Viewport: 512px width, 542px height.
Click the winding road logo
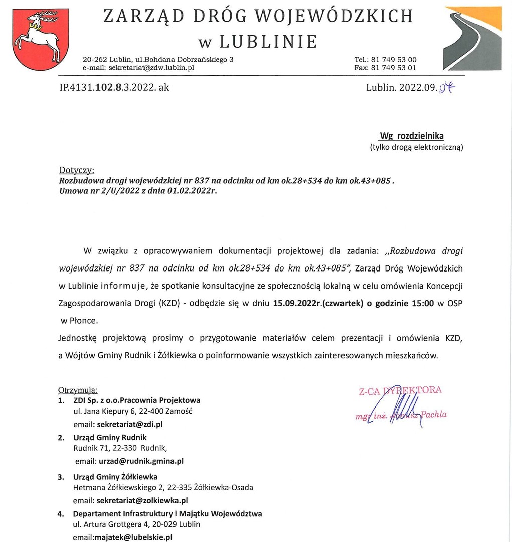[x=472, y=38]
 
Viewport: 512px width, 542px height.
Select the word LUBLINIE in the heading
[x=268, y=41]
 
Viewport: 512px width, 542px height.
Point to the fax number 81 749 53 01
[x=394, y=68]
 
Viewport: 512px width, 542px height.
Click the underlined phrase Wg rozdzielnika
[x=411, y=136]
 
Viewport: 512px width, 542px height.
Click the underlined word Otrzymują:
[x=78, y=390]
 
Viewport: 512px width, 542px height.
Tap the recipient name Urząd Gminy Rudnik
[x=110, y=437]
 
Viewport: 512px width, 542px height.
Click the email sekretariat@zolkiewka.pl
[x=142, y=500]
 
